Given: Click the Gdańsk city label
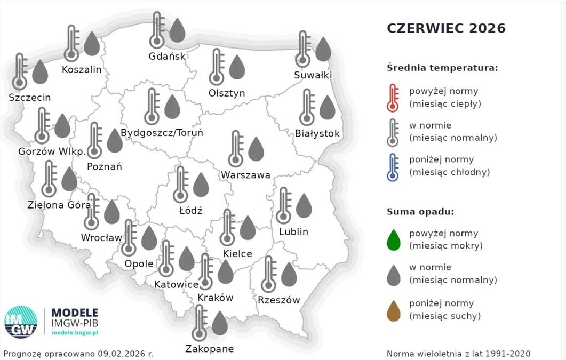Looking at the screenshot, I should (167, 57).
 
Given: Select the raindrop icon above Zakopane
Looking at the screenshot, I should (220, 323).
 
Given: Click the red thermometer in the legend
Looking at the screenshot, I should (393, 98).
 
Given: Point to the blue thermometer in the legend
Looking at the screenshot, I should (393, 167).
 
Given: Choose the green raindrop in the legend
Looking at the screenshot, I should (394, 240).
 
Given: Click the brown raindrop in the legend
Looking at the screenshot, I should (394, 310).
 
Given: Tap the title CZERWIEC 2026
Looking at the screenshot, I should (445, 28).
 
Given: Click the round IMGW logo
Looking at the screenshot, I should (21, 322).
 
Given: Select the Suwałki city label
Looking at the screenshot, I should (313, 75).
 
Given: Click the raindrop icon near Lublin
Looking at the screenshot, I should (304, 206).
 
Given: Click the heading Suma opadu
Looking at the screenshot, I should (420, 212).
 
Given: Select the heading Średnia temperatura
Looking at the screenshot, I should (442, 68).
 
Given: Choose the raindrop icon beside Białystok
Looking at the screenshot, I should (327, 108).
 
